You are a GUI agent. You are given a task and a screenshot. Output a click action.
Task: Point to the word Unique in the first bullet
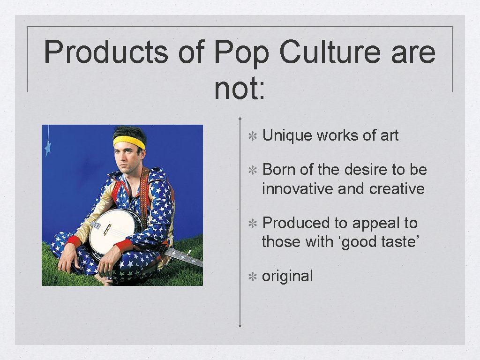(287, 135)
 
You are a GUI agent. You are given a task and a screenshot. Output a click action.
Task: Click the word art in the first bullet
(389, 135)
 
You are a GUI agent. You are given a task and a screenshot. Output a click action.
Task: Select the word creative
(397, 189)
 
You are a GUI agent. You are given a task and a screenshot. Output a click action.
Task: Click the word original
(287, 276)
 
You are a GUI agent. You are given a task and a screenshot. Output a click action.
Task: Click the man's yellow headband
(128, 141)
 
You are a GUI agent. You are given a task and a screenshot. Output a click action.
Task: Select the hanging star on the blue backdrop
(47, 148)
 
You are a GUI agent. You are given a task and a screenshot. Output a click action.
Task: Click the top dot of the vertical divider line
(240, 118)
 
